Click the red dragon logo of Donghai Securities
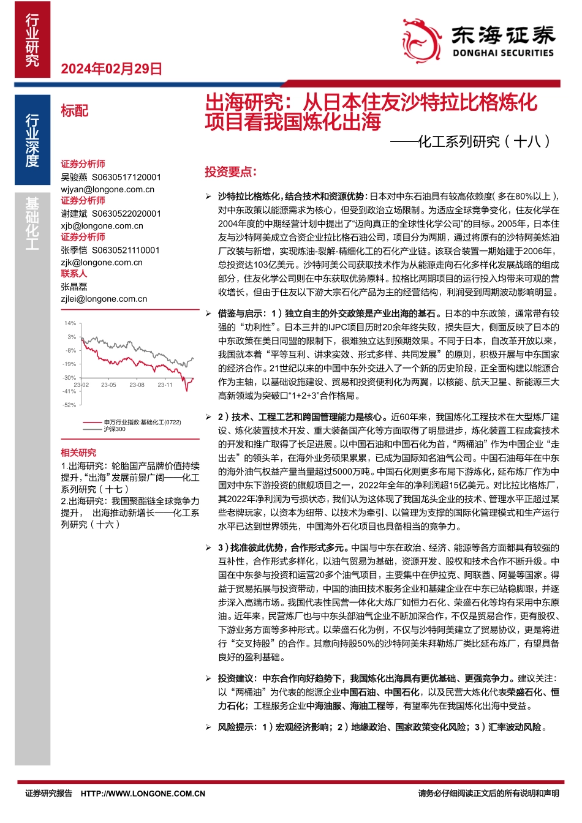point(423,40)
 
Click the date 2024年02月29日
point(111,69)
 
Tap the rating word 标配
point(75,111)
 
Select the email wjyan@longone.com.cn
point(107,189)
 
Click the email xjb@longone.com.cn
point(102,225)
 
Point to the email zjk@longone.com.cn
point(102,262)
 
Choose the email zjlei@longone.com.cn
point(104,299)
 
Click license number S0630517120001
point(127,177)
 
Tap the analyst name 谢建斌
point(74,214)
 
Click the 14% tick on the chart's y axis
point(70,323)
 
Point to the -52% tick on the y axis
point(69,405)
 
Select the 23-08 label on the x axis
point(137,385)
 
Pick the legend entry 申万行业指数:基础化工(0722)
point(142,423)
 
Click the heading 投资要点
point(230,172)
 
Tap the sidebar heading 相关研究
point(78,453)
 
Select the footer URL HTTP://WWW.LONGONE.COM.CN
point(143,794)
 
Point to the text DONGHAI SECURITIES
point(503,53)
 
